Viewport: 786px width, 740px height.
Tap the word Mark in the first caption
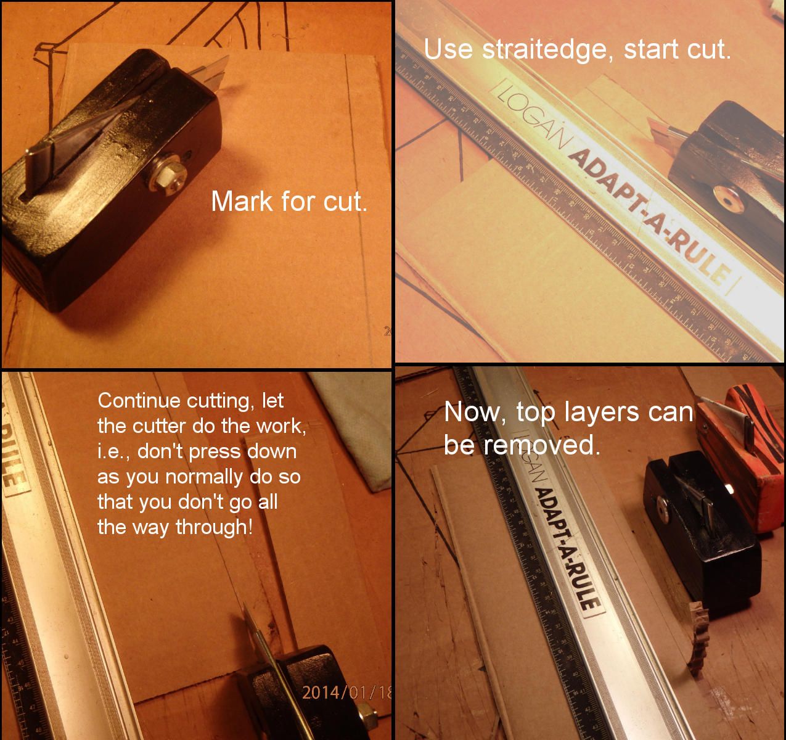238,201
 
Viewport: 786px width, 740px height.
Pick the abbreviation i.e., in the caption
114,451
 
